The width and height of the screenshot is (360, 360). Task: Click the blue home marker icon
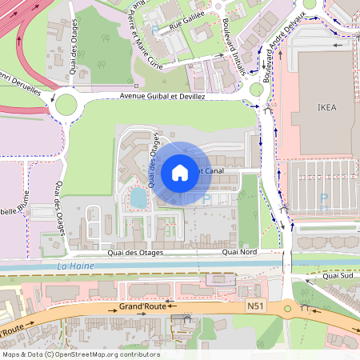[x=180, y=173]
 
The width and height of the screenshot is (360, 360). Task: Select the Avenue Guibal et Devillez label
[x=162, y=96]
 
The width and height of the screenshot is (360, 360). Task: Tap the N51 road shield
[x=255, y=305]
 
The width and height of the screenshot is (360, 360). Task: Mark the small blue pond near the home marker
[x=138, y=197]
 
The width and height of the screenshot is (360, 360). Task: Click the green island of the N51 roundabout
[x=286, y=308]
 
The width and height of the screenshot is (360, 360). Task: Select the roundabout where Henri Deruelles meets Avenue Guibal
[x=64, y=102]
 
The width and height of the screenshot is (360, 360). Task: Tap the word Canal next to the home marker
[x=214, y=170]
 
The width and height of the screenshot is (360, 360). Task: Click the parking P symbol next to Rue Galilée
[x=154, y=30]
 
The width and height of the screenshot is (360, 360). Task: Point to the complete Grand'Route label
[x=142, y=306]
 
